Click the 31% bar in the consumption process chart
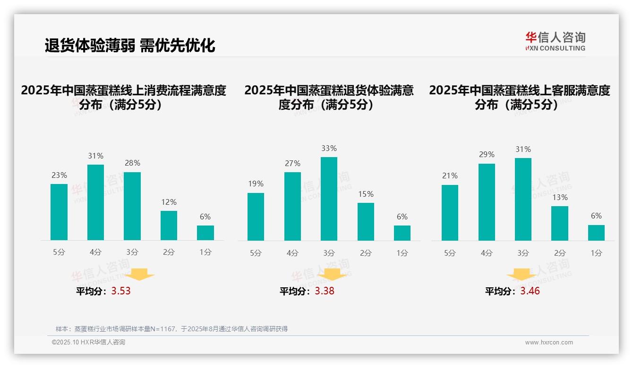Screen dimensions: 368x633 tap(96, 202)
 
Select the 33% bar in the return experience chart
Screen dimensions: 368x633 tap(329, 199)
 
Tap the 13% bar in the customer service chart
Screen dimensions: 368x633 tap(560, 223)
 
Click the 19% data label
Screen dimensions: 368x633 tap(256, 184)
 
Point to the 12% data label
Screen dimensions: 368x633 tap(169, 202)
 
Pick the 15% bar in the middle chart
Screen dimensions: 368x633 tap(366, 222)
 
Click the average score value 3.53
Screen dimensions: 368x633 tap(121, 291)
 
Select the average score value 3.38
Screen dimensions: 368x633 tap(325, 291)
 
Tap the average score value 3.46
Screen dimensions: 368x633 tap(530, 291)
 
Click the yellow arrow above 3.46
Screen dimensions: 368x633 tap(522, 276)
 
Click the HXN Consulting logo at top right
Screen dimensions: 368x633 tap(555, 42)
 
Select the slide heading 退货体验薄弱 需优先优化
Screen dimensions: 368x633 tap(130, 45)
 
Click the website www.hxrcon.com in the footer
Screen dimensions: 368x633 tap(549, 343)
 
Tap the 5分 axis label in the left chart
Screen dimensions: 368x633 tap(59, 252)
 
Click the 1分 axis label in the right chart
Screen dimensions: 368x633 tap(596, 253)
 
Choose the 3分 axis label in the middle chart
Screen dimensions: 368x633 tap(329, 253)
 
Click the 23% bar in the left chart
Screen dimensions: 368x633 tap(59, 212)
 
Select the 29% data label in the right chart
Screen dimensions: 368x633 tap(487, 155)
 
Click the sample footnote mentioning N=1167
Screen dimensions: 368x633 tap(171, 329)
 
